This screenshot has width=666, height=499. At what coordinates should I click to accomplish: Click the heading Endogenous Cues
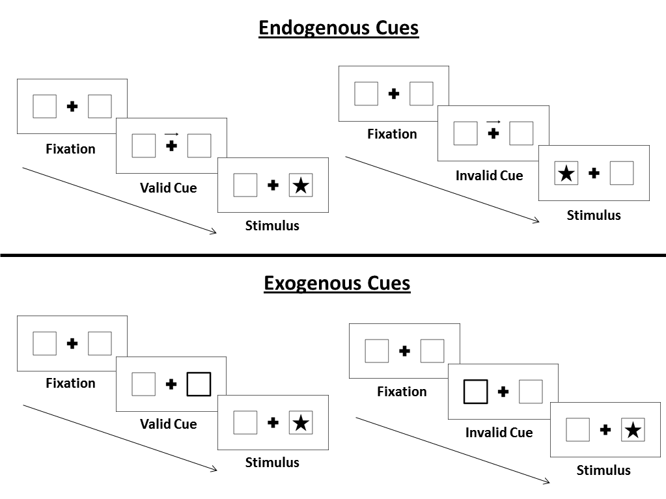point(338,28)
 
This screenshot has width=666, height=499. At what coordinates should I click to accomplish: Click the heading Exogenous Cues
point(337,283)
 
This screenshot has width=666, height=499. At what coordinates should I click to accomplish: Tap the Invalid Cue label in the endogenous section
point(489,176)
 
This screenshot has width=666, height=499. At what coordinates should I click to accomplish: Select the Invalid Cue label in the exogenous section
point(499,432)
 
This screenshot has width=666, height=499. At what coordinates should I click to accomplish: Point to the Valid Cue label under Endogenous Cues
point(168,188)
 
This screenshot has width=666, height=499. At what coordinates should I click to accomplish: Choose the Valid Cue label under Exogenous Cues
point(168,424)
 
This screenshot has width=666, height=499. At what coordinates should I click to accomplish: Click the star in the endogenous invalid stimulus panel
point(566,174)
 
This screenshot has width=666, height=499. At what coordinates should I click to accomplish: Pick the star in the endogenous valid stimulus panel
point(300,185)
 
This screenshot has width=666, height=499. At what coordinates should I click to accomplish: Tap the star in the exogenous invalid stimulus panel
point(633,430)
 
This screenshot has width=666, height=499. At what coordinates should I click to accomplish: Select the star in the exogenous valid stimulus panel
point(300,423)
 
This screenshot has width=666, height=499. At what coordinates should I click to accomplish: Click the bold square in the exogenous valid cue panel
point(199,384)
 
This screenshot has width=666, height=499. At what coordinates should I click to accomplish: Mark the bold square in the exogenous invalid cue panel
point(475,392)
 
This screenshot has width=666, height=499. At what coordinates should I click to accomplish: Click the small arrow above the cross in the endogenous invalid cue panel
point(493,121)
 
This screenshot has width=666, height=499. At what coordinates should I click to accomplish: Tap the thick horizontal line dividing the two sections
point(333,255)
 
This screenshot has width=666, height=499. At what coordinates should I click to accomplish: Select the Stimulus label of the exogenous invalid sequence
point(604,470)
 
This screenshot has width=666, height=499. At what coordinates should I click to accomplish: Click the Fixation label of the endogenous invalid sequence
point(392,134)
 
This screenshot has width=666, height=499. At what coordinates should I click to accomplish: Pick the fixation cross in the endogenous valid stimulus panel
point(273,185)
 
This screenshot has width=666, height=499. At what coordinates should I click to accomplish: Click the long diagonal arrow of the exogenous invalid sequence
point(452,450)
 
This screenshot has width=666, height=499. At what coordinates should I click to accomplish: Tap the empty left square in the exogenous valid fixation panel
point(44,344)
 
